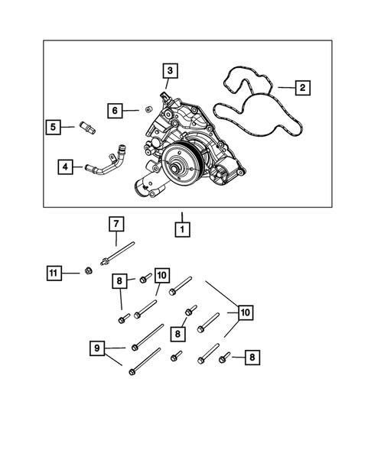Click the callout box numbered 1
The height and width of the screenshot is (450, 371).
coord(182,228)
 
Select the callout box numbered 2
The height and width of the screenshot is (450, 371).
coord(302,89)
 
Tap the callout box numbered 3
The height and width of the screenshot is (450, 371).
coord(171,71)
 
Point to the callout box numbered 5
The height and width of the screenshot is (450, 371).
coord(53,128)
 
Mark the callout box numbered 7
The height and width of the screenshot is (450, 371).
coord(115,224)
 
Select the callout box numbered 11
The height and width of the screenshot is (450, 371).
coord(53,272)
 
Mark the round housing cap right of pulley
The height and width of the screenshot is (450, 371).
coord(223,176)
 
